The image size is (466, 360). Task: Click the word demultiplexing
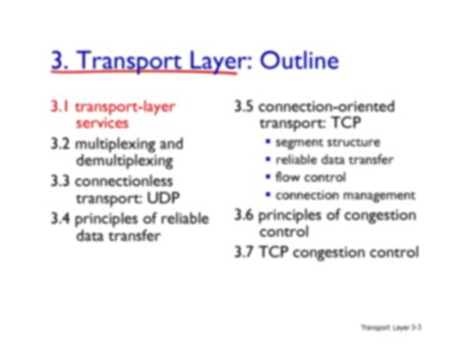[x=125, y=161]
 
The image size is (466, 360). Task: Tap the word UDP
[x=163, y=199]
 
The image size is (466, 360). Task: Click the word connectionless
[x=134, y=180]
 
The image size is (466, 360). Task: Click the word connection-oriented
[x=334, y=105]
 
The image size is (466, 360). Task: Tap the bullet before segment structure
[x=268, y=143]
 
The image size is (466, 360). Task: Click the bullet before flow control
[x=268, y=177]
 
